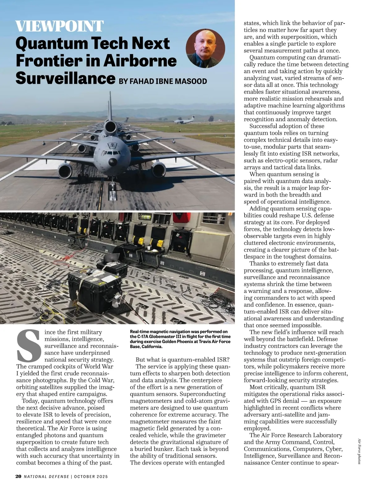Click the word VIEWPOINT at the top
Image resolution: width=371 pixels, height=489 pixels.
point(59,26)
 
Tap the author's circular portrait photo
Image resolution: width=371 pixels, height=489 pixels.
point(205,49)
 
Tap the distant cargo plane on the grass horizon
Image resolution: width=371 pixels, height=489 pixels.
point(185,120)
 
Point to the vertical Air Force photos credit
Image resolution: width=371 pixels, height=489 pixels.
point(360,451)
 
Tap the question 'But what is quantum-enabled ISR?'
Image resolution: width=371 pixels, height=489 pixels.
point(182,360)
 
